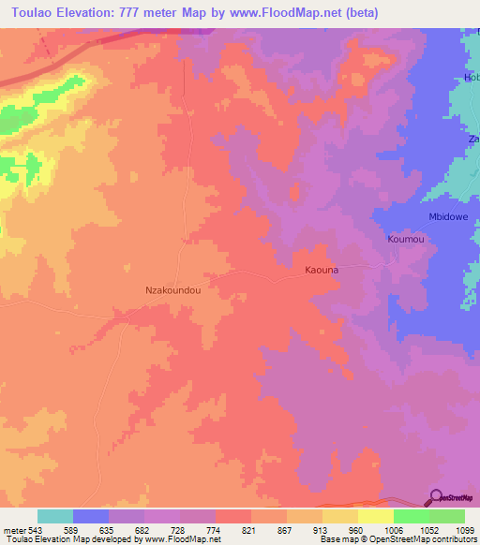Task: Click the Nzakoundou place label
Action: pyautogui.click(x=174, y=290)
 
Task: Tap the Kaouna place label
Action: pyautogui.click(x=322, y=270)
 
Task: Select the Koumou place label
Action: pyautogui.click(x=406, y=240)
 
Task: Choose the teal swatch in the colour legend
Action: pyautogui.click(x=55, y=516)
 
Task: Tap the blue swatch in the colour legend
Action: pyautogui.click(x=91, y=516)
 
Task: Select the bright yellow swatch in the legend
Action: pyautogui.click(x=375, y=516)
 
